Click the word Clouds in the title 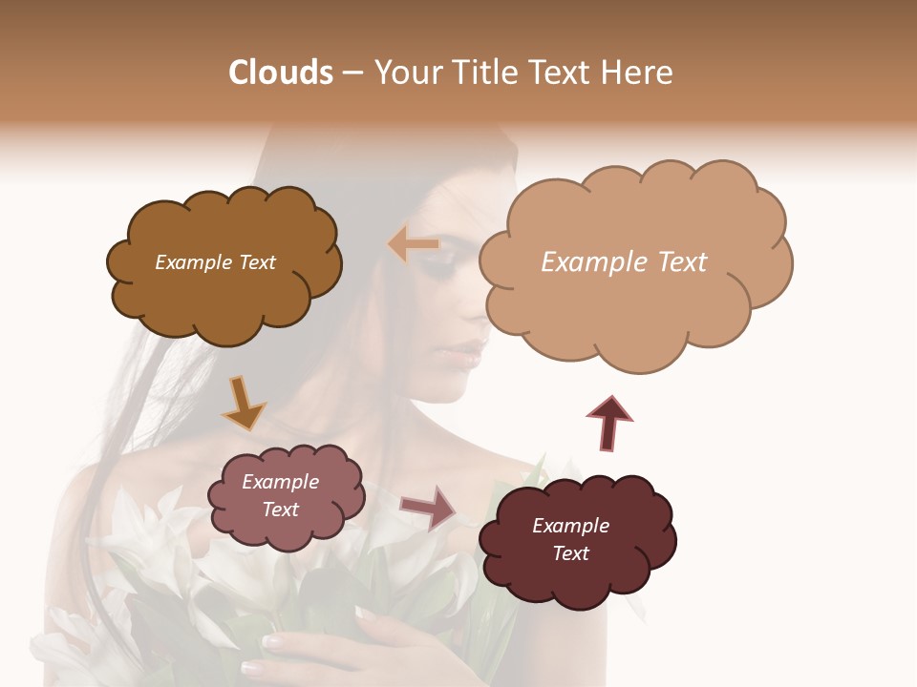pyautogui.click(x=280, y=73)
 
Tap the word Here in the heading pyautogui.click(x=636, y=73)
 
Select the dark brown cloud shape pyautogui.click(x=224, y=296)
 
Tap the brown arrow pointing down pyautogui.click(x=243, y=404)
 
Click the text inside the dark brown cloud pyautogui.click(x=215, y=262)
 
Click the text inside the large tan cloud pyautogui.click(x=624, y=262)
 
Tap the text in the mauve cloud pyautogui.click(x=280, y=495)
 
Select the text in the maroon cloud pyautogui.click(x=570, y=539)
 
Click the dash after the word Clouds pyautogui.click(x=352, y=73)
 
